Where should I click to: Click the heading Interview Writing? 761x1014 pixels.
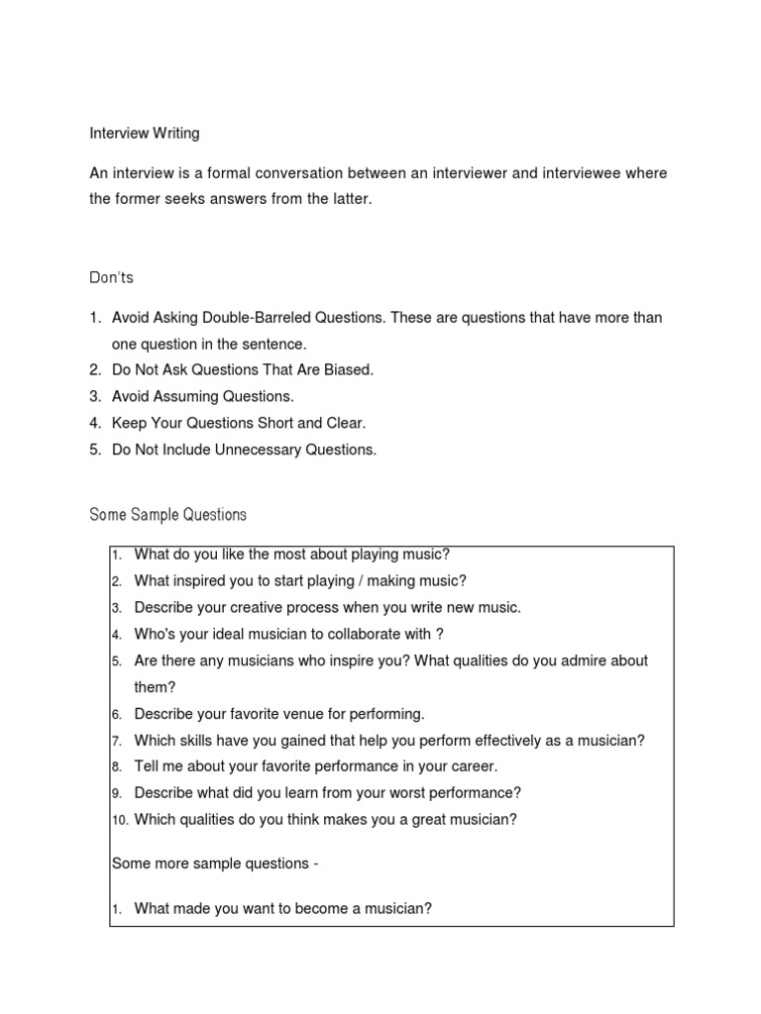[x=145, y=133]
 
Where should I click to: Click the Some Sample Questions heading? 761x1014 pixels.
[x=167, y=515]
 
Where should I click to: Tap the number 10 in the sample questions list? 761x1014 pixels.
[x=119, y=820]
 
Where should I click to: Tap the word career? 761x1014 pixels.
[x=472, y=766]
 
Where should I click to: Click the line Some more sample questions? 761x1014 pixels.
[x=215, y=863]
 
